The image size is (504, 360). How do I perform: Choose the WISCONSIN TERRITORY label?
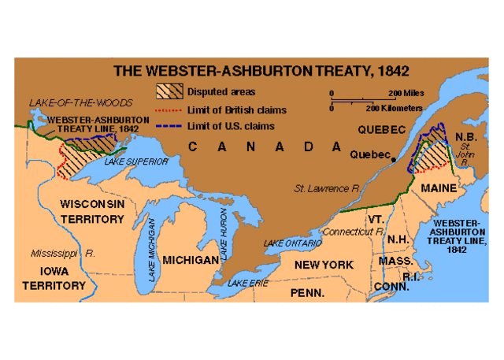[92, 211]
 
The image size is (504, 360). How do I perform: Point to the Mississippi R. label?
[63, 254]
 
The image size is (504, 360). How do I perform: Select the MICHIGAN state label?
[190, 259]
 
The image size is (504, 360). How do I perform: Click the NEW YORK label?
[324, 265]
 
